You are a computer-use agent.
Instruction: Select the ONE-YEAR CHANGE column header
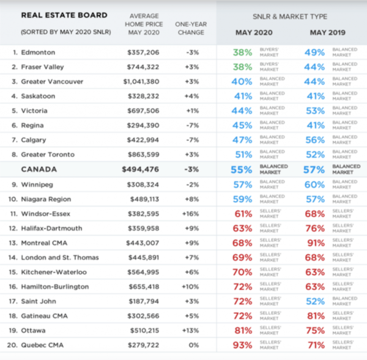coord(191,28)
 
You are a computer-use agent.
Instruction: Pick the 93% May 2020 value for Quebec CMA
coord(242,345)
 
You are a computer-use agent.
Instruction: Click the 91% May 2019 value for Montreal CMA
coord(314,243)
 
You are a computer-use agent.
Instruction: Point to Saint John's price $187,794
coord(147,301)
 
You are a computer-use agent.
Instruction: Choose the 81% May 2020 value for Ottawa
coord(242,331)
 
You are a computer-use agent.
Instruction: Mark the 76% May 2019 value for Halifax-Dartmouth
coord(314,228)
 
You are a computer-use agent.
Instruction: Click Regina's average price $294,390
coord(147,125)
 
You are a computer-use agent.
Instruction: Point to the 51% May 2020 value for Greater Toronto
coord(242,155)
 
